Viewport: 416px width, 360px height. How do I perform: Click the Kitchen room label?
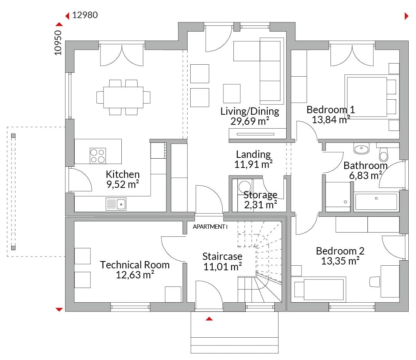pyautogui.click(x=122, y=174)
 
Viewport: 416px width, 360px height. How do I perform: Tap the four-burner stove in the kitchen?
pyautogui.click(x=97, y=156)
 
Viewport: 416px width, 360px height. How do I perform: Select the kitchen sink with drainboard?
pyautogui.click(x=116, y=204)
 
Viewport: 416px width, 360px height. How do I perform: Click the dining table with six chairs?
pyautogui.click(x=123, y=97)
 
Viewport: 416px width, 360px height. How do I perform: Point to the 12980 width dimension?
pyautogui.click(x=85, y=15)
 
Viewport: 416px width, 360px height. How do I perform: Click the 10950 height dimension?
pyautogui.click(x=58, y=43)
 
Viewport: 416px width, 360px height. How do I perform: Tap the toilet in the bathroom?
pyautogui.click(x=383, y=154)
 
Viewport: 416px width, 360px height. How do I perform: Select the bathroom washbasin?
pyautogui.click(x=361, y=149)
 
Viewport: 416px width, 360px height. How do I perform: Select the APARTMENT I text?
pyautogui.click(x=210, y=227)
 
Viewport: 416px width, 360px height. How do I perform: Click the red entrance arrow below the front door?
pyautogui.click(x=209, y=319)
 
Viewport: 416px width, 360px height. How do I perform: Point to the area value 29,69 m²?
pyautogui.click(x=250, y=121)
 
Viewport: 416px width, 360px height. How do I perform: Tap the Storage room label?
pyautogui.click(x=260, y=195)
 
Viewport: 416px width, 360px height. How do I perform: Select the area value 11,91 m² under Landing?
pyautogui.click(x=253, y=164)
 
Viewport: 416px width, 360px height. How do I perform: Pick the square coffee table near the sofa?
pyautogui.click(x=231, y=94)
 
